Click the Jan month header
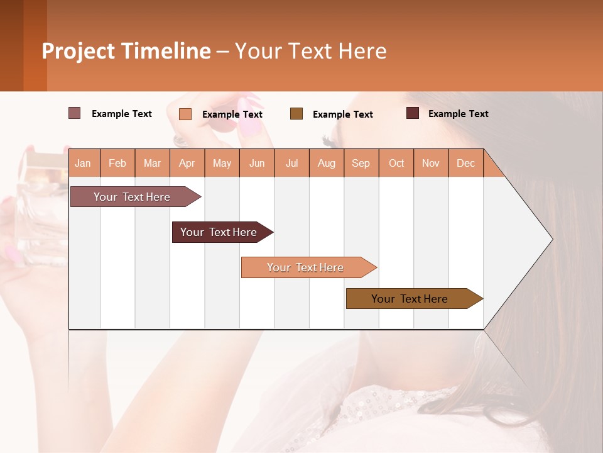[83, 164]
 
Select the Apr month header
[187, 164]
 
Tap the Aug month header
[327, 164]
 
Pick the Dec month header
[466, 164]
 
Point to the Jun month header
[257, 164]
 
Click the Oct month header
[396, 164]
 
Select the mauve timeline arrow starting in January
[133, 197]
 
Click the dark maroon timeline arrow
[219, 232]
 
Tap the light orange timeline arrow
[306, 267]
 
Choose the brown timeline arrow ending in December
[410, 299]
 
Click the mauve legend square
[75, 113]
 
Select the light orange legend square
[185, 114]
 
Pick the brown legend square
[296, 113]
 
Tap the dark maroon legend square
[413, 113]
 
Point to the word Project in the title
[79, 51]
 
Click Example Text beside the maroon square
[458, 114]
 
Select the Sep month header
[361, 164]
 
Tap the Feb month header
[117, 164]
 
